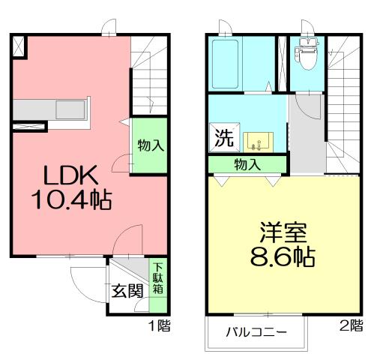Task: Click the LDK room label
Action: click(70, 175)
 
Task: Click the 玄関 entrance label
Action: click(128, 291)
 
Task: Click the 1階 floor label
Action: click(160, 325)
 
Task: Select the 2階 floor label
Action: click(350, 325)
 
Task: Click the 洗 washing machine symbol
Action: click(223, 138)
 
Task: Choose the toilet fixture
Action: click(306, 52)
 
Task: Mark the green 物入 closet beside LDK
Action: click(150, 145)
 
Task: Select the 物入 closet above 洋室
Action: click(247, 164)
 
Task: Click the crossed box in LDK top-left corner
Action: click(19, 46)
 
